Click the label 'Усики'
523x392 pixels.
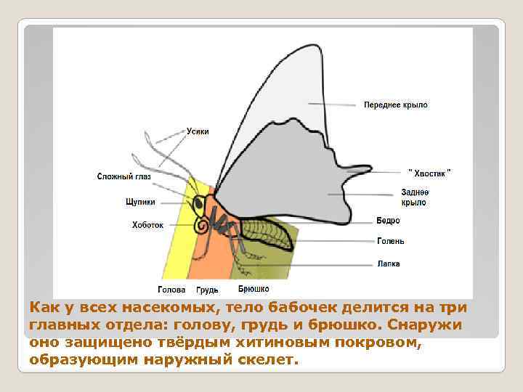pos(198,131)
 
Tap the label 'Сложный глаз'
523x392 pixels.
pos(123,176)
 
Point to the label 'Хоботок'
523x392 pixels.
pos(147,225)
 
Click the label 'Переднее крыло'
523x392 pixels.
pos(396,105)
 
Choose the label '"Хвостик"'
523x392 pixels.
pos(429,172)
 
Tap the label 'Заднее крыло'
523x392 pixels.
pos(414,197)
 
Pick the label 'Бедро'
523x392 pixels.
pos(389,221)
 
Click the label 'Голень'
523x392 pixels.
pos(391,241)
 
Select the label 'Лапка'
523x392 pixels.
pos(389,264)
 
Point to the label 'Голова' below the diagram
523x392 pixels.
pos(171,290)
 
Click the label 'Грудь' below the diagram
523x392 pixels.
pos(207,290)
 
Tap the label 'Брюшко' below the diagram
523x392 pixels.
pos(254,289)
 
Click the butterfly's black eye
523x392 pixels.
pos(198,206)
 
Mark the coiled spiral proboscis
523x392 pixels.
pos(203,226)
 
